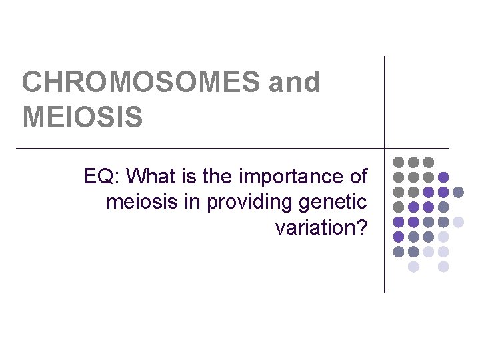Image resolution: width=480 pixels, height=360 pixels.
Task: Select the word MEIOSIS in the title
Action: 83,117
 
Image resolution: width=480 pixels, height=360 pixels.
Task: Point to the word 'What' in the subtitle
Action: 149,177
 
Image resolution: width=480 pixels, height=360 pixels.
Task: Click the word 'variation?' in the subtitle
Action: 321,227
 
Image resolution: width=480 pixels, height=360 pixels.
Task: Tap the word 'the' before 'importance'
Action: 211,177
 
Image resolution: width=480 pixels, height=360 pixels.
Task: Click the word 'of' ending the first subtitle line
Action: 358,177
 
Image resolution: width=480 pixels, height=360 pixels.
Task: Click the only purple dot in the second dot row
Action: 443,177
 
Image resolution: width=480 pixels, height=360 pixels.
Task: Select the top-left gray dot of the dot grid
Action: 399,162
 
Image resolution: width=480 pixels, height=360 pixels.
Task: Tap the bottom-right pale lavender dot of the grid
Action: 443,267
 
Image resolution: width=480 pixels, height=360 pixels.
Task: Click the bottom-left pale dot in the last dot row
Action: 413,267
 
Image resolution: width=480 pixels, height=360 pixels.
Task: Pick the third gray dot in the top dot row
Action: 429,162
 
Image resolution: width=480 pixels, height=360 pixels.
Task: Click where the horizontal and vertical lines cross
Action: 385,147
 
